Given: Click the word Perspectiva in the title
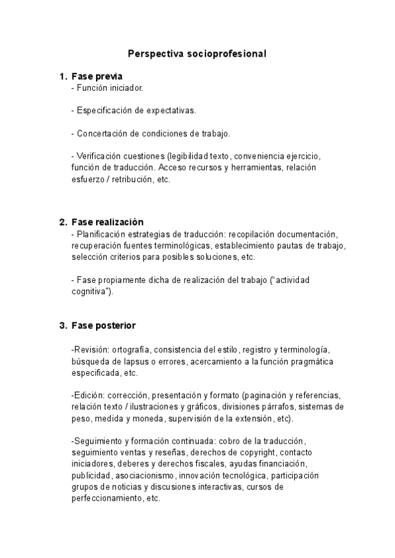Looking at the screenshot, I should point(153,55).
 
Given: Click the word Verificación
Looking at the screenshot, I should point(99,157).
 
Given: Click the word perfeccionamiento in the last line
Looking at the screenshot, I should point(105,498).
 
